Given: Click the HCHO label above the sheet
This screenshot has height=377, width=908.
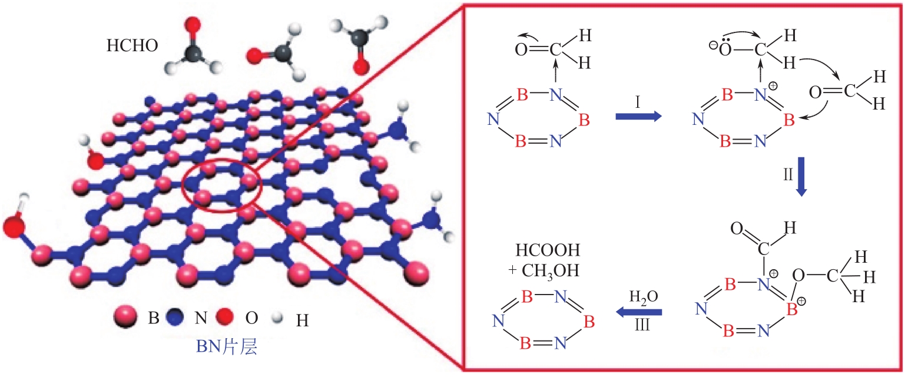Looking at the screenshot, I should point(132,46).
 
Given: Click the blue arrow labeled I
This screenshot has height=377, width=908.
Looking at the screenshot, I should point(638,117).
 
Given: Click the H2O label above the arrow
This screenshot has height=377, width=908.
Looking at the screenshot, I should point(642,296).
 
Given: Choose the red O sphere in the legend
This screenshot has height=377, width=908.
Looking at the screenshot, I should point(230,319).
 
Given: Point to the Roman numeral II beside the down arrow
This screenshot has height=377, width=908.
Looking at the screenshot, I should point(787,174).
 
